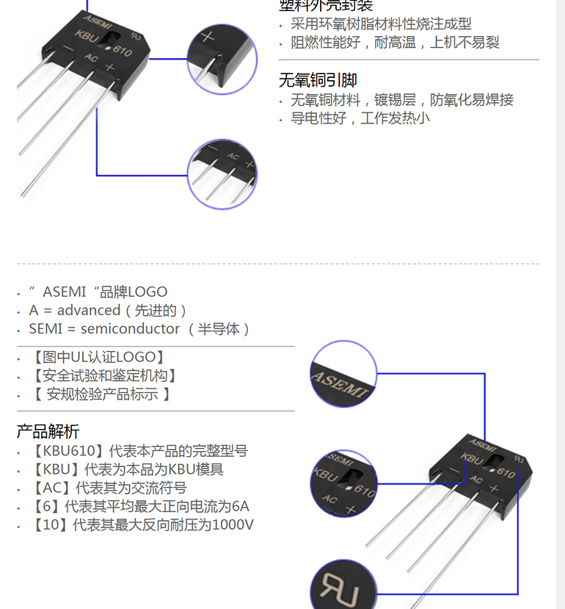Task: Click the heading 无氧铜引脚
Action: (x=318, y=80)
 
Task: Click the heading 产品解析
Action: (x=48, y=431)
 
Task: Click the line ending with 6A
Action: (x=139, y=507)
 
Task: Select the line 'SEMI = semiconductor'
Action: (x=139, y=329)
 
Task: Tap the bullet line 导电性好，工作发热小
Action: (x=360, y=118)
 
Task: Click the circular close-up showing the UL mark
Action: (x=342, y=585)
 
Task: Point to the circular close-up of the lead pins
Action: (x=222, y=173)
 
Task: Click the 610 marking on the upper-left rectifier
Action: (x=123, y=52)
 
